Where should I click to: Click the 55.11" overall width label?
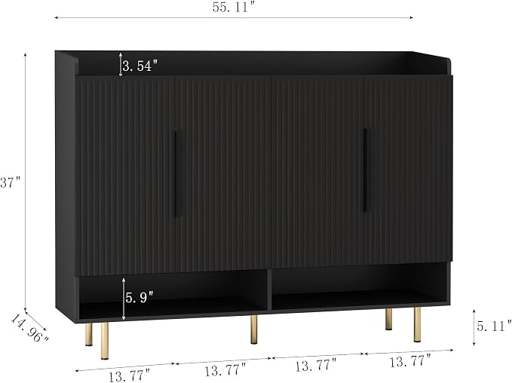click(x=234, y=8)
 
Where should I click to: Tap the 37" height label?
click(x=11, y=182)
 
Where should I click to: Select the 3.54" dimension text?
click(x=140, y=66)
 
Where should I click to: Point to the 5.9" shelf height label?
click(x=139, y=297)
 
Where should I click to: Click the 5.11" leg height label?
click(x=494, y=326)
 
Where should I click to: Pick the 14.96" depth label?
click(x=29, y=329)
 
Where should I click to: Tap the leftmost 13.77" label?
click(x=129, y=375)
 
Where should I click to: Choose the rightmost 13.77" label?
click(x=410, y=361)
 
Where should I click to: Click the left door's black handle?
click(x=176, y=173)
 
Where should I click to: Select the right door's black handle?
click(x=366, y=170)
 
